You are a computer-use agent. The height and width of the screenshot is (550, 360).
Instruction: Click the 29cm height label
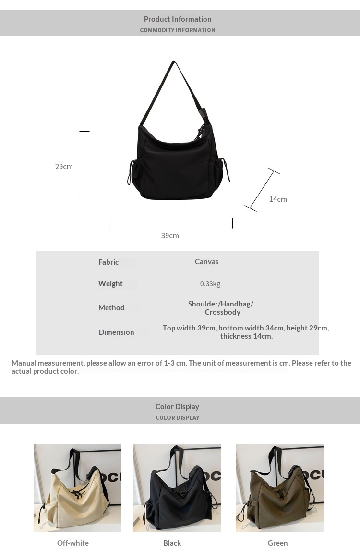[x=64, y=167]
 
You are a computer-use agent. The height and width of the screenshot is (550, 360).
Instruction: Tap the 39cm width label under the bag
[x=170, y=236]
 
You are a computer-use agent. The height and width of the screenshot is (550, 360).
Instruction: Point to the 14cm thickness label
[x=278, y=199]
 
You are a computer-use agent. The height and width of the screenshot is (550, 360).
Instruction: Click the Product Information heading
[x=178, y=19]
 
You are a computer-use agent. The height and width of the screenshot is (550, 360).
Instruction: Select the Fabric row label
[x=108, y=262]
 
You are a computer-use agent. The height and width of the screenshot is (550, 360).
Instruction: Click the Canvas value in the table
[x=206, y=262]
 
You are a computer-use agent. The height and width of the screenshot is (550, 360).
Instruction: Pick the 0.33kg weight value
[x=210, y=284]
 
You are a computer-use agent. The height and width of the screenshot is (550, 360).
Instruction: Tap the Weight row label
[x=110, y=284]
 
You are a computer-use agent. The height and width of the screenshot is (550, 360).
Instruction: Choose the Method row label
[x=111, y=308]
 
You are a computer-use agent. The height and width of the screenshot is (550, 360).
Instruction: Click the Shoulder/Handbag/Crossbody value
[x=221, y=308]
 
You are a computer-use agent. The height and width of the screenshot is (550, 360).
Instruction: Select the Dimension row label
[x=116, y=332]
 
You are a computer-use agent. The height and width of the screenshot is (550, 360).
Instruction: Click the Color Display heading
[x=177, y=407]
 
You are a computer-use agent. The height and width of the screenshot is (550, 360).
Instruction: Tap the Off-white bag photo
[x=77, y=488]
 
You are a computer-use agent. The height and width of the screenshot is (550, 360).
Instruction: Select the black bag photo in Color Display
[x=177, y=488]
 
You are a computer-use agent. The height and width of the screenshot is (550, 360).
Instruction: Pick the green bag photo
[x=280, y=488]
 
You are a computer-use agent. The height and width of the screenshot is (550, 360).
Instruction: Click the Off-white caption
[x=73, y=543]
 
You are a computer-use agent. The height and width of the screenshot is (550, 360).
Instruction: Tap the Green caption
[x=277, y=543]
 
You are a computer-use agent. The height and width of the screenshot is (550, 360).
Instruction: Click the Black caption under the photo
[x=172, y=543]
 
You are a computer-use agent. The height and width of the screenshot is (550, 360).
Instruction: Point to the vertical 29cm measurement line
[x=84, y=164]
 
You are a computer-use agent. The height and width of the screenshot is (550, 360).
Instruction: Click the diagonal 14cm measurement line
[x=262, y=190]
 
